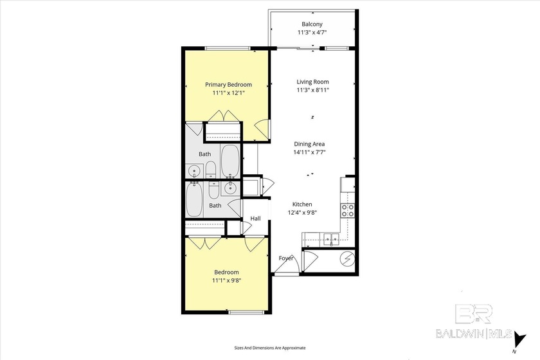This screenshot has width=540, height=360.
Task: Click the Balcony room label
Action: click(312, 24)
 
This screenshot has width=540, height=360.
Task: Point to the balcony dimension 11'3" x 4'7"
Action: click(312, 32)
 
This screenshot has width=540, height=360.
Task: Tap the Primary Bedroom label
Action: click(228, 84)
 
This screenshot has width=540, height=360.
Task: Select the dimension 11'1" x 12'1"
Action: click(228, 93)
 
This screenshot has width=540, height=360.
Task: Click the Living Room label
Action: click(312, 82)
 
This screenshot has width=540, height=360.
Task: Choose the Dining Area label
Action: click(309, 144)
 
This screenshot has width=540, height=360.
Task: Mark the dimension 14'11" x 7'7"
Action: click(309, 152)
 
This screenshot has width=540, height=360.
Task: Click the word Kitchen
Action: click(302, 204)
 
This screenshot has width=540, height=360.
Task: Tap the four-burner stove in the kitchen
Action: click(348, 210)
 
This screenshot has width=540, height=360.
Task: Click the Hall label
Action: click(256, 219)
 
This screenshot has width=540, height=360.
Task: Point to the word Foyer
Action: click(286, 258)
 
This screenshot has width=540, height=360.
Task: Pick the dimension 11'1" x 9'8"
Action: click(226, 280)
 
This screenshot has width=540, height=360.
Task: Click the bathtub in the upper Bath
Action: click(230, 161)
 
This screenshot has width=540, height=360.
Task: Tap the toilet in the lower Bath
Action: click(214, 190)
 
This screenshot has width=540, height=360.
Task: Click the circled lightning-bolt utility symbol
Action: click(347, 259)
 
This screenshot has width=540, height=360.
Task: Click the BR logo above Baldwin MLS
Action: click(474, 314)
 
